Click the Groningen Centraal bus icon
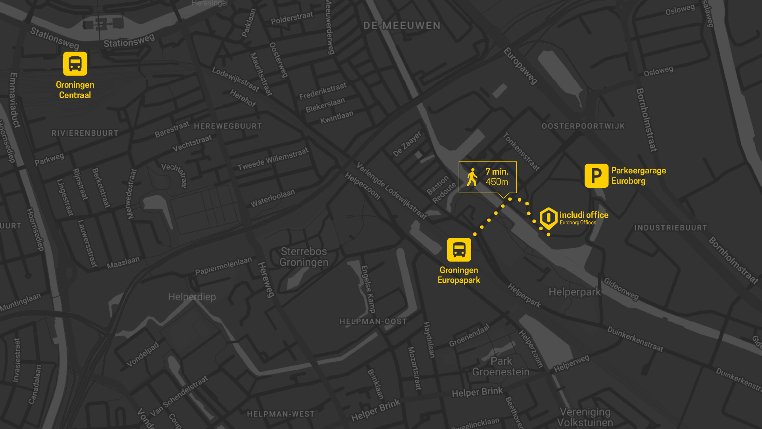(x=75, y=63)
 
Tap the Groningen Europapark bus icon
(x=459, y=250)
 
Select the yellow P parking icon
(x=596, y=175)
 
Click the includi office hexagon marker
(x=548, y=218)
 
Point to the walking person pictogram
(x=472, y=177)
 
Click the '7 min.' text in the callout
(x=496, y=171)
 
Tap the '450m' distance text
(x=497, y=182)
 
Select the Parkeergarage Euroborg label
(x=638, y=175)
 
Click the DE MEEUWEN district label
(x=402, y=26)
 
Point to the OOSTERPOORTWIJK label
(x=583, y=126)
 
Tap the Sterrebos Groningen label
(x=304, y=257)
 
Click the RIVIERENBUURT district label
(x=85, y=133)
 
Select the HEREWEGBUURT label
(x=228, y=126)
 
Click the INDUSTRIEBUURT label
(x=670, y=228)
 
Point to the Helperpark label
(x=574, y=292)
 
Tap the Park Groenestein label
(x=501, y=366)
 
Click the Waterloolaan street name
(x=273, y=198)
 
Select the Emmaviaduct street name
(x=14, y=100)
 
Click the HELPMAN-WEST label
(x=281, y=414)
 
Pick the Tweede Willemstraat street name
(x=273, y=159)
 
